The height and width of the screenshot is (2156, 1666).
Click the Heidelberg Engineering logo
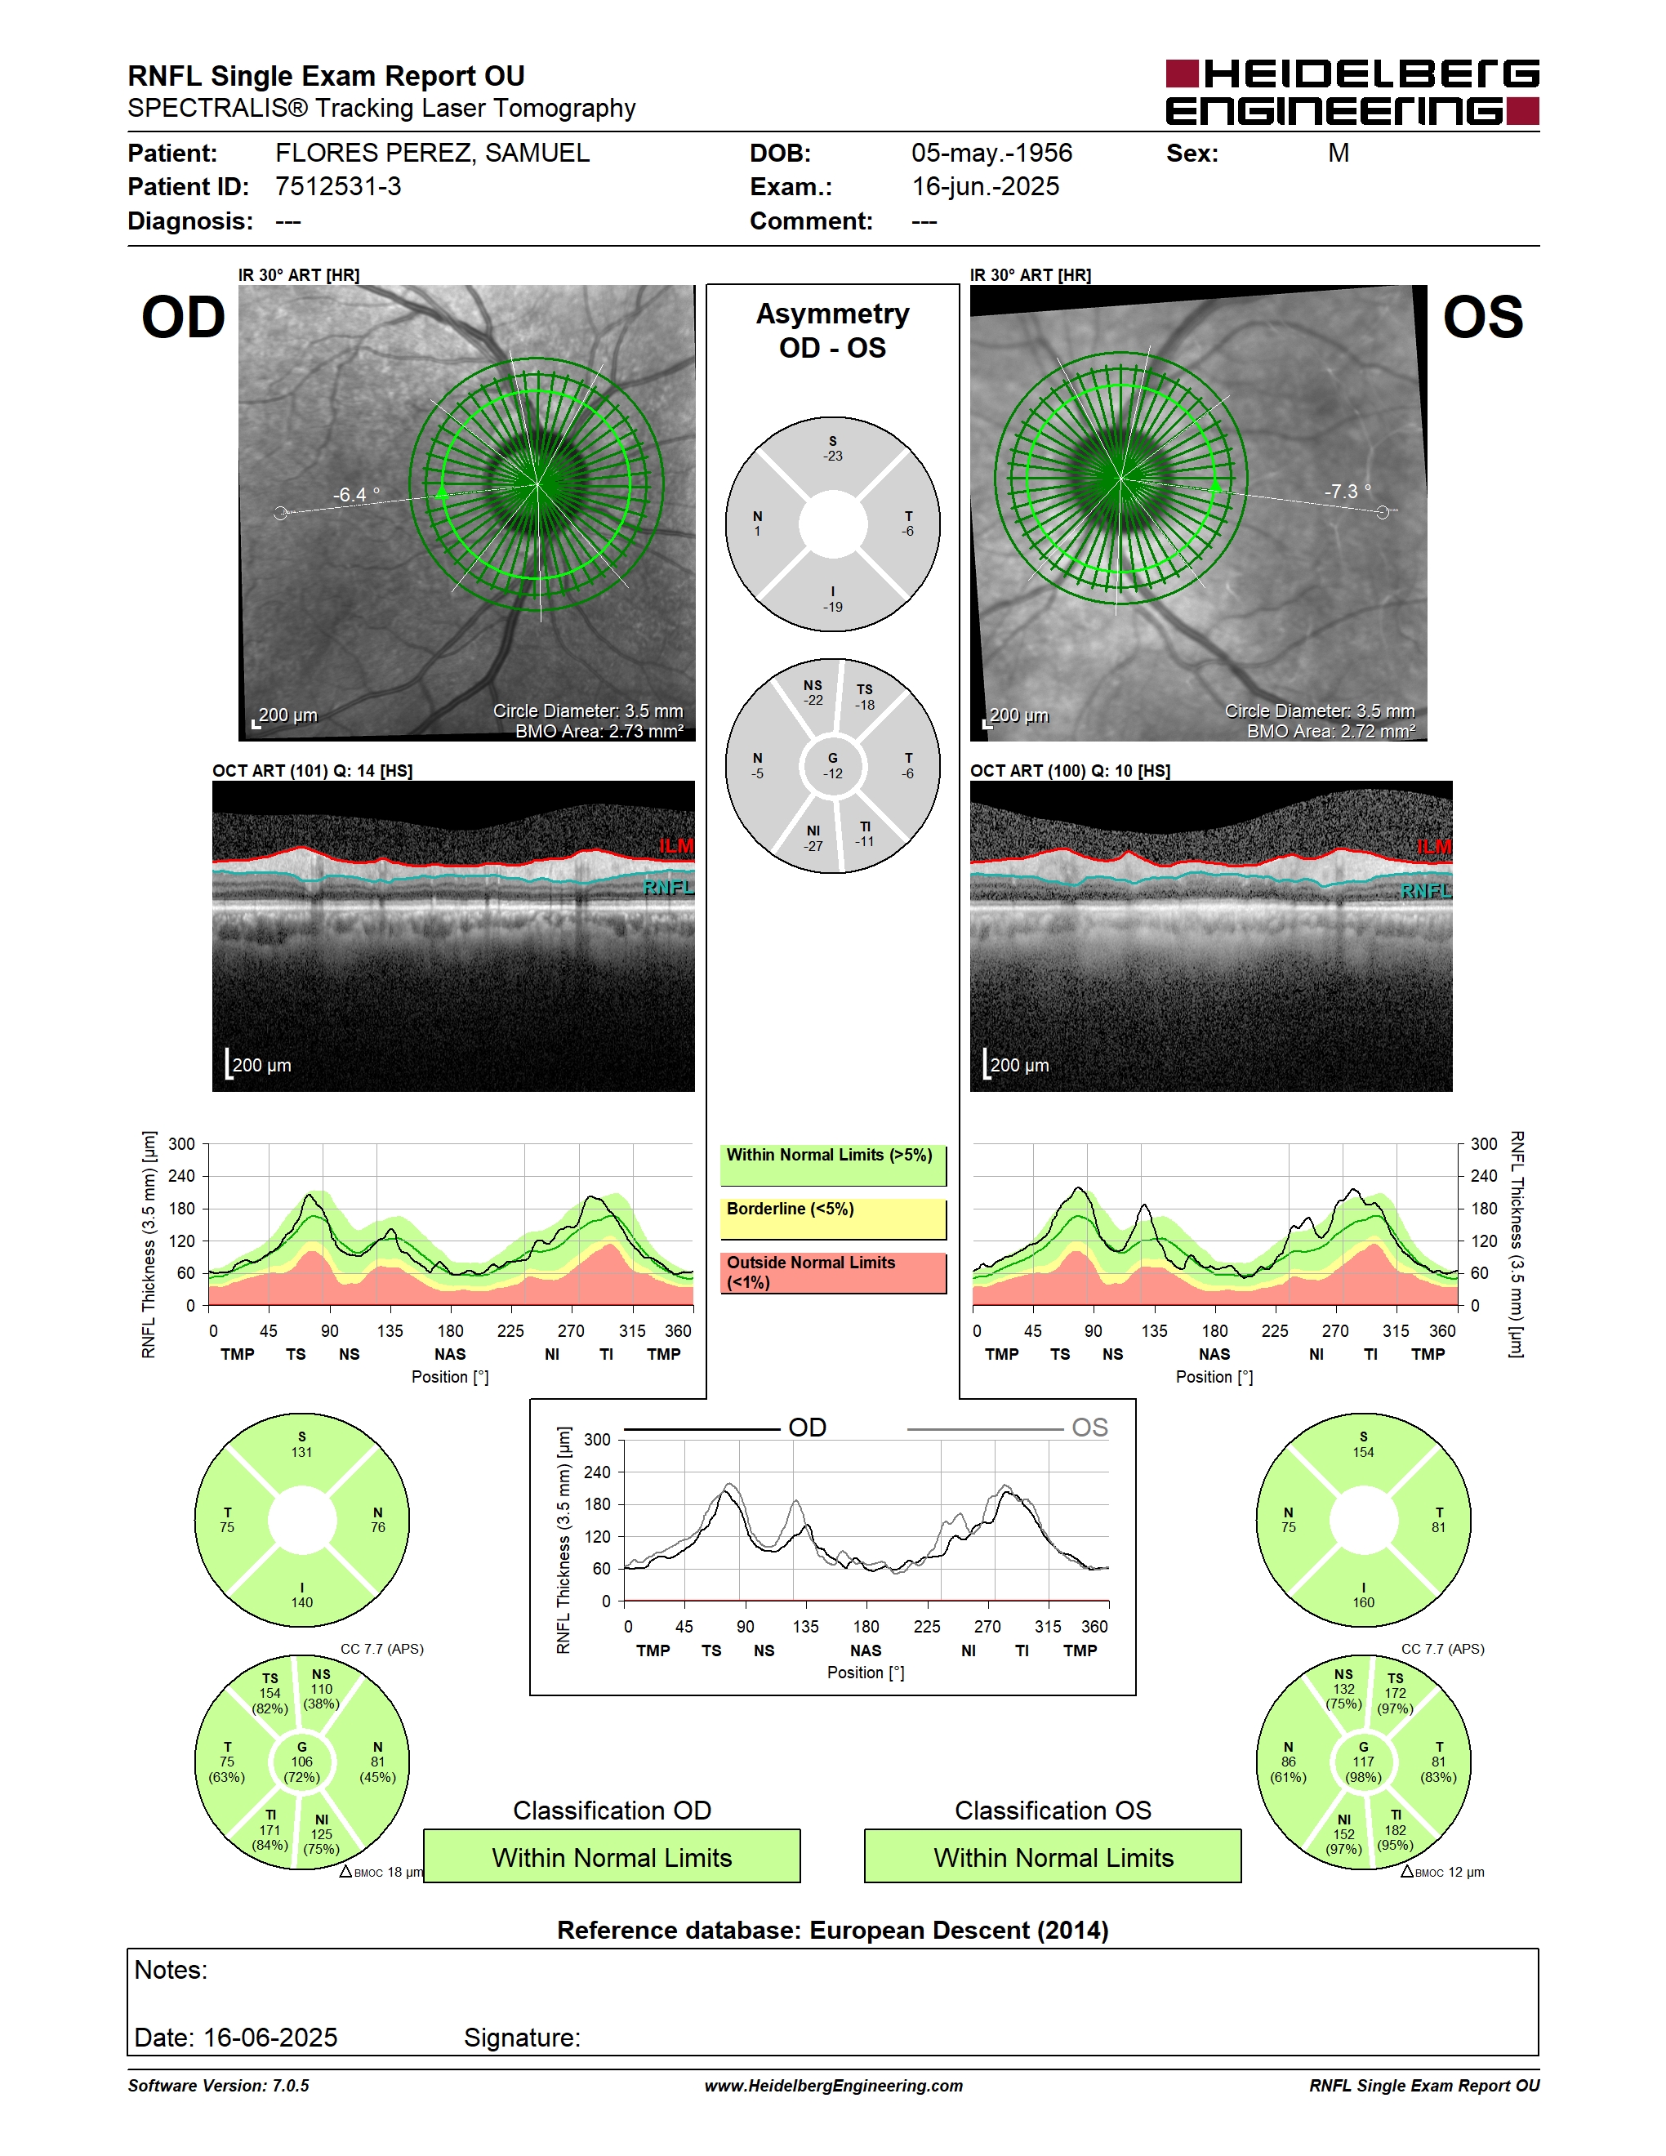tap(1352, 91)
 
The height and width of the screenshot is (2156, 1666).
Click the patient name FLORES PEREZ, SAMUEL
tap(432, 153)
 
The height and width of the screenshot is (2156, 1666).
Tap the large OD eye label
tap(184, 318)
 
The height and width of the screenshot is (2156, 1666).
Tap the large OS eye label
tap(1482, 318)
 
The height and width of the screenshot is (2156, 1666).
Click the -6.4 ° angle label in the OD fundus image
tap(355, 495)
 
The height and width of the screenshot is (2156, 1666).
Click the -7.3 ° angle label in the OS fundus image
tap(1347, 491)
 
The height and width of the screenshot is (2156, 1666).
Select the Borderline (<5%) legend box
tap(833, 1219)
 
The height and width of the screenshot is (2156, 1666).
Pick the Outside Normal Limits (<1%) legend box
tap(833, 1272)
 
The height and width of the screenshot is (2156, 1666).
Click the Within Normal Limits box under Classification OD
tap(612, 1857)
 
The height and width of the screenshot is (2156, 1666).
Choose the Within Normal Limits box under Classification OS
tap(1053, 1857)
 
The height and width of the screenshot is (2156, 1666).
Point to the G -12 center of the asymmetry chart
tap(833, 766)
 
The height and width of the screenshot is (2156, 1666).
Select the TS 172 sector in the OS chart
tap(1395, 1693)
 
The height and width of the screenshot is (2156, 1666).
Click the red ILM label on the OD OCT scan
tap(676, 846)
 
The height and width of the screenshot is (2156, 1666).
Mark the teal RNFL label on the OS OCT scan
tap(1426, 892)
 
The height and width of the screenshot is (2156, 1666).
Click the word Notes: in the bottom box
tap(171, 1971)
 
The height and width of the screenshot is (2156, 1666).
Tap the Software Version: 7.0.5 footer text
tap(218, 2086)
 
